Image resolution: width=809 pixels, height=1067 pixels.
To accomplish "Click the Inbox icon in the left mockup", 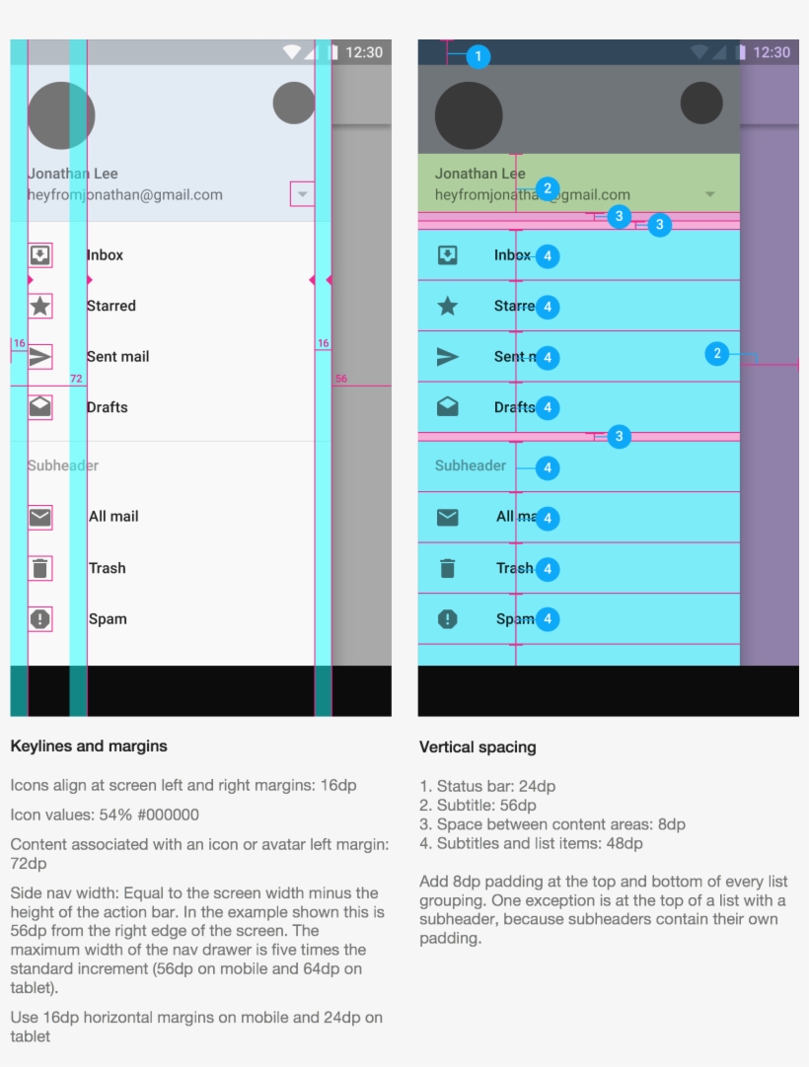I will [39, 255].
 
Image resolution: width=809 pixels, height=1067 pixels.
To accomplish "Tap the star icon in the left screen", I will [39, 306].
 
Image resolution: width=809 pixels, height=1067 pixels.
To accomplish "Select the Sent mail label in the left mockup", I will [117, 357].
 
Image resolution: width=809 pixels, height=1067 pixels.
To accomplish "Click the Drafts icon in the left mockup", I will [39, 407].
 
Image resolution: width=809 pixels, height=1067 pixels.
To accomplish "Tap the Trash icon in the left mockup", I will [39, 568].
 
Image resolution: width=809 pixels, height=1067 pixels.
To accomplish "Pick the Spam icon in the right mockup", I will [448, 619].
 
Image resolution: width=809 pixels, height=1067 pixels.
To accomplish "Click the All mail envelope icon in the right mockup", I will [448, 517].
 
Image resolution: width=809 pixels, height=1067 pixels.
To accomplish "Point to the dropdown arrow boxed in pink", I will [302, 194].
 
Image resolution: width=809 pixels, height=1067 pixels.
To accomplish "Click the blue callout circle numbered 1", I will [478, 57].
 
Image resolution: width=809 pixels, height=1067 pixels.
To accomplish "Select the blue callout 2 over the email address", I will [549, 189].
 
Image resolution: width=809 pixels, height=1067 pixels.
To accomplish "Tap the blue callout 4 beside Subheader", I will [548, 468].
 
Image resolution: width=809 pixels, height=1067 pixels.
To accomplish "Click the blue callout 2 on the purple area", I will [717, 354].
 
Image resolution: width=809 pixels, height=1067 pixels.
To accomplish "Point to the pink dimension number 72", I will [76, 379].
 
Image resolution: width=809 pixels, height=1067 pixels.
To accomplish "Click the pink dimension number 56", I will [341, 379].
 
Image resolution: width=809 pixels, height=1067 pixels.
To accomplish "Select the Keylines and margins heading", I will [89, 746].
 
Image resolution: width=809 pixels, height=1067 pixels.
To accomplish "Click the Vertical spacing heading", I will [478, 747].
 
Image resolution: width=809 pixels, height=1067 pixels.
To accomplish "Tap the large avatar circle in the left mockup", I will [61, 115].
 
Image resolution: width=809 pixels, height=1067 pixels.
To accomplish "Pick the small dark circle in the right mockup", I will [701, 104].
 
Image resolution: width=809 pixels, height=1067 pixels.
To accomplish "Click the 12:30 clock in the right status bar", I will [771, 52].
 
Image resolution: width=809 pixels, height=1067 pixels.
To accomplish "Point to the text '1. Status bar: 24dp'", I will [487, 786].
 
